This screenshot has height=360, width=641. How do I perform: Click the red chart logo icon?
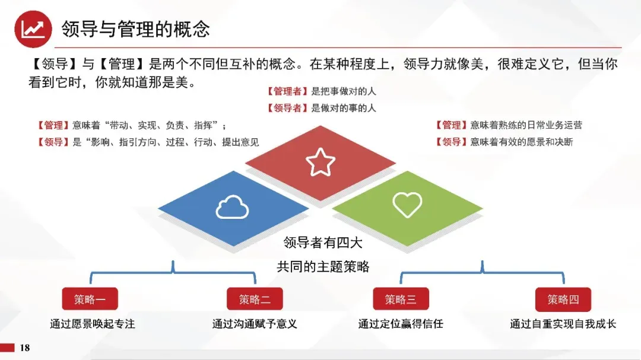click(x=33, y=30)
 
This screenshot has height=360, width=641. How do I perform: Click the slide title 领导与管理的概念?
click(x=136, y=29)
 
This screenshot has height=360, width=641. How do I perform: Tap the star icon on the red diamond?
click(x=320, y=162)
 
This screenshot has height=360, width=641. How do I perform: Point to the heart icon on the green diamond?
click(x=407, y=204)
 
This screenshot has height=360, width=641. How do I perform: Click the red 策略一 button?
click(x=90, y=299)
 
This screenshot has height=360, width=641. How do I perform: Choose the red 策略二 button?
click(x=255, y=299)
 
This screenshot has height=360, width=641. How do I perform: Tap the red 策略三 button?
click(x=401, y=299)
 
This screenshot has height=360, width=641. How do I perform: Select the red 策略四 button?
click(x=563, y=299)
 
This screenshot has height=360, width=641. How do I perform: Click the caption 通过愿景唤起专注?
click(x=93, y=324)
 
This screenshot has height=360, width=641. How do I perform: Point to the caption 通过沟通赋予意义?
click(x=255, y=324)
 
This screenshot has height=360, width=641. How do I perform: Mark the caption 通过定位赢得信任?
click(x=401, y=324)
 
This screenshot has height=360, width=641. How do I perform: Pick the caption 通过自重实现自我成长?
click(x=563, y=324)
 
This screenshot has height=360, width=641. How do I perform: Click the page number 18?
click(x=25, y=348)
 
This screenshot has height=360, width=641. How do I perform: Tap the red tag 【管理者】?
click(x=287, y=91)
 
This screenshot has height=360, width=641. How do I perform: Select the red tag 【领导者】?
click(x=287, y=108)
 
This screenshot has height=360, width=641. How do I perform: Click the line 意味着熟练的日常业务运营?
click(x=526, y=125)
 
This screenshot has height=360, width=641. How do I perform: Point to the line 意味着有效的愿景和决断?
click(x=522, y=142)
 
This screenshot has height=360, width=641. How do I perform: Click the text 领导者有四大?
click(x=323, y=243)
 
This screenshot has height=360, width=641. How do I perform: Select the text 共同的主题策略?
click(x=323, y=267)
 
